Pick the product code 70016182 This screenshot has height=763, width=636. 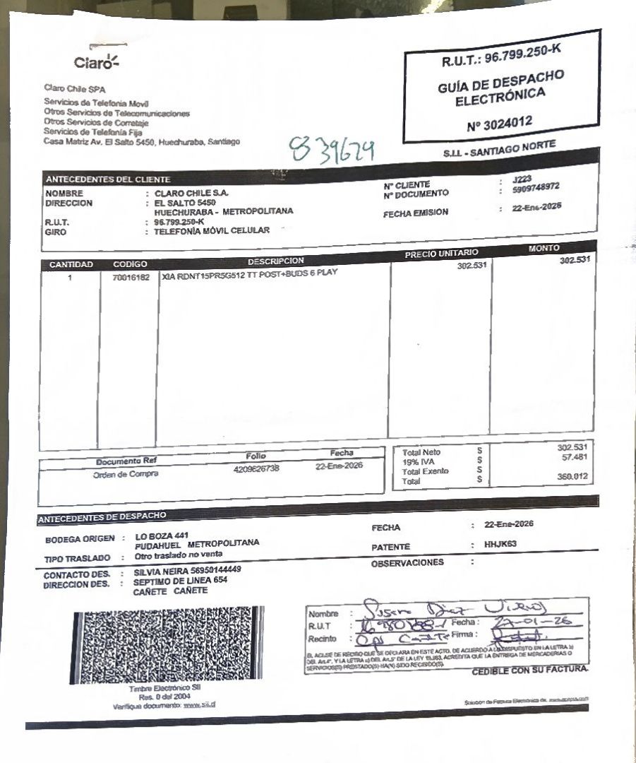131,278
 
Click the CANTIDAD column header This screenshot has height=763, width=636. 71,264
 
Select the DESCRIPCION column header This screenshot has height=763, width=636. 275,261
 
